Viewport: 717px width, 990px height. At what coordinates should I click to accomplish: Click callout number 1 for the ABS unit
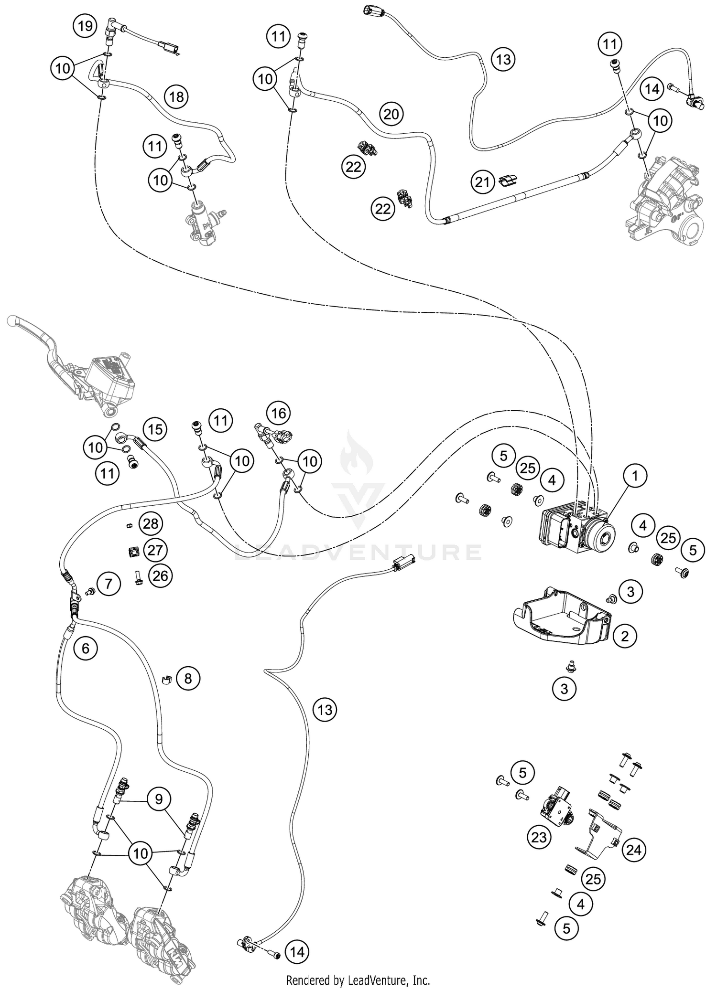click(635, 476)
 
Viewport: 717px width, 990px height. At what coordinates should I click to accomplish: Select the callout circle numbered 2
click(625, 636)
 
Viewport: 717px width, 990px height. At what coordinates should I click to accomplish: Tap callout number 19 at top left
click(85, 26)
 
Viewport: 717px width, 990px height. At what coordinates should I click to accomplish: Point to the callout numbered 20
click(391, 114)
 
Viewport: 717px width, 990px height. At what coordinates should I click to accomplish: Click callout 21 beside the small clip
click(483, 182)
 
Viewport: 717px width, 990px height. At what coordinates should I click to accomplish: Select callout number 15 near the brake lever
click(155, 429)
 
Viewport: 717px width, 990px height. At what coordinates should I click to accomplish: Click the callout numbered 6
click(86, 648)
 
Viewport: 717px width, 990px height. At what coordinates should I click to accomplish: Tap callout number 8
click(188, 678)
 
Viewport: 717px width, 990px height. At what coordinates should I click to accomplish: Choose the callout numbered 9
click(159, 799)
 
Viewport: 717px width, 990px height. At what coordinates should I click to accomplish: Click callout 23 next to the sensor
click(539, 837)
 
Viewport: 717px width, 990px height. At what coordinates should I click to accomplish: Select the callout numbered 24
click(633, 850)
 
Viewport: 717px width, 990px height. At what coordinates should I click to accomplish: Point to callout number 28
click(151, 524)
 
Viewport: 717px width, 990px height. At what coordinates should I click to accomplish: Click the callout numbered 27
click(155, 550)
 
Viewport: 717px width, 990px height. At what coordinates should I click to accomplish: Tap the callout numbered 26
click(160, 576)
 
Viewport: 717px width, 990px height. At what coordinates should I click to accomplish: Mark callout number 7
click(109, 584)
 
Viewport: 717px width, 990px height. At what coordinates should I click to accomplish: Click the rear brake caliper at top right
click(664, 201)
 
